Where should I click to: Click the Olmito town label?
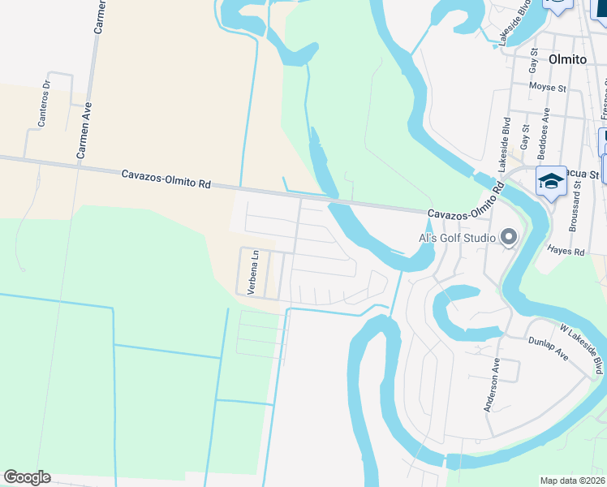click(x=574, y=58)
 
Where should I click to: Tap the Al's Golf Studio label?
click(x=457, y=238)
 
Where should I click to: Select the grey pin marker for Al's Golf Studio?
click(x=509, y=236)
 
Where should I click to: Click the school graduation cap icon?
click(x=551, y=181)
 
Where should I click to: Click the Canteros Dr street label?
click(x=45, y=103)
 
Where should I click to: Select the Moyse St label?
click(x=547, y=87)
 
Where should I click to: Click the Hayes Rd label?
click(x=566, y=252)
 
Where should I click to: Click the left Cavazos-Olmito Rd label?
click(x=166, y=179)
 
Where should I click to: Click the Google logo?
click(x=27, y=477)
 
